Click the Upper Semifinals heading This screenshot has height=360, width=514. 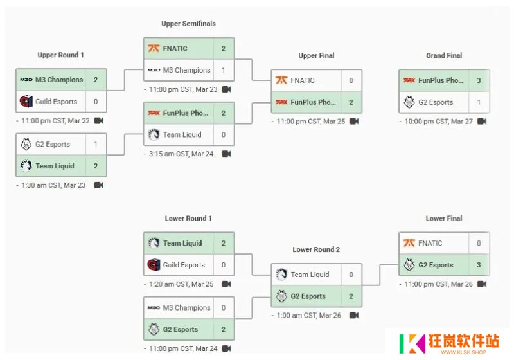188,24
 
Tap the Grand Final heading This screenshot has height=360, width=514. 444,55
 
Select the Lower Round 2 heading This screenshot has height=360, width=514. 316,249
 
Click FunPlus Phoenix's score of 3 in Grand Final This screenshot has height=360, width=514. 479,80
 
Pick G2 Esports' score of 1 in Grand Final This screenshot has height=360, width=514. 479,102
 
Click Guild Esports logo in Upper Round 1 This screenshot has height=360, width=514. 26,102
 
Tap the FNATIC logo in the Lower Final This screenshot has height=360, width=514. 409,243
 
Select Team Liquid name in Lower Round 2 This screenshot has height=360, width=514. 310,274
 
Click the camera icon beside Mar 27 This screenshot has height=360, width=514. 481,122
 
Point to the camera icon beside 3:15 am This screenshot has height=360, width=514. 227,154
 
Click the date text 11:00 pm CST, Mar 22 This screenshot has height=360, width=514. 55,121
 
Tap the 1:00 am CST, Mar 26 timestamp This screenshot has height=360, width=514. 309,316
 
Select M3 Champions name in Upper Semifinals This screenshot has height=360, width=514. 186,70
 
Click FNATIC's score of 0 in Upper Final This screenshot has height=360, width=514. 351,80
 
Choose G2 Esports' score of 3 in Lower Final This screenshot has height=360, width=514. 479,265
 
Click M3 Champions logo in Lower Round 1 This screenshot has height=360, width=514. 154,307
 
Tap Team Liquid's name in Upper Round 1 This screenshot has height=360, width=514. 55,166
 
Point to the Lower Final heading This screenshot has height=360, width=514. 444,219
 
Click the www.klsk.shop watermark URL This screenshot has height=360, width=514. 463,352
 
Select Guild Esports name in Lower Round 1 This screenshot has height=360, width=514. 184,265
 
